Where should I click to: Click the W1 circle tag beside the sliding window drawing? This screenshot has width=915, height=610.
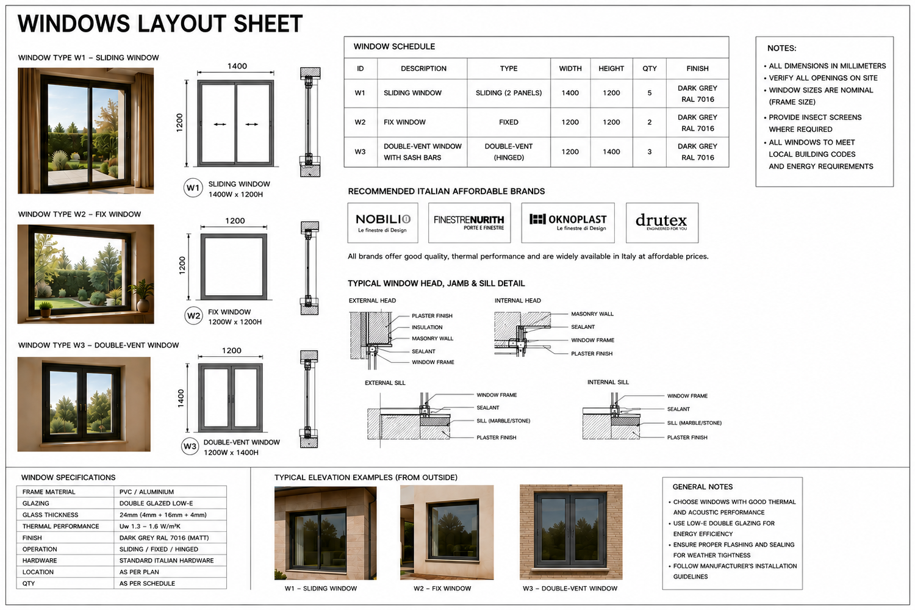click(193, 188)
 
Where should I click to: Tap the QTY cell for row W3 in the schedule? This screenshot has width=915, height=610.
click(650, 151)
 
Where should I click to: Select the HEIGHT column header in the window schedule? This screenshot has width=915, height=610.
click(611, 69)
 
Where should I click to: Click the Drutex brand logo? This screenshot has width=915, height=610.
click(662, 223)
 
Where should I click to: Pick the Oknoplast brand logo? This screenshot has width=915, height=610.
click(568, 223)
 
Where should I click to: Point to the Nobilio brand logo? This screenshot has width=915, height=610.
click(382, 223)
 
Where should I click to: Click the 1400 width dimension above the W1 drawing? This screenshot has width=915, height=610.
click(237, 66)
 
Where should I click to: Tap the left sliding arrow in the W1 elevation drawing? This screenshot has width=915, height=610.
click(220, 124)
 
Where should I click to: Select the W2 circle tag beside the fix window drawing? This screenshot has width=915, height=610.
click(193, 316)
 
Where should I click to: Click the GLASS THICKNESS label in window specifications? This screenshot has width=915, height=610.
click(50, 515)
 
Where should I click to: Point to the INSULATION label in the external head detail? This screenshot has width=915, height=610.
click(427, 328)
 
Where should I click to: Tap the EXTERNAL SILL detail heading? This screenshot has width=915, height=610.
click(385, 383)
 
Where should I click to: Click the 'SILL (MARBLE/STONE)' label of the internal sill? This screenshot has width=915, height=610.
click(694, 423)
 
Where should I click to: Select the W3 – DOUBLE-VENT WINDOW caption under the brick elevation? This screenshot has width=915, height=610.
click(570, 589)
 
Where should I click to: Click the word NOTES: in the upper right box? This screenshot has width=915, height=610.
click(782, 48)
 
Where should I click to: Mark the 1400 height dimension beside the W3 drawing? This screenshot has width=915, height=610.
click(181, 398)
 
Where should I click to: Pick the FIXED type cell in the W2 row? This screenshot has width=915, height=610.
click(509, 122)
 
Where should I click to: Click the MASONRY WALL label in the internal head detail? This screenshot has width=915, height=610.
click(592, 314)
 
